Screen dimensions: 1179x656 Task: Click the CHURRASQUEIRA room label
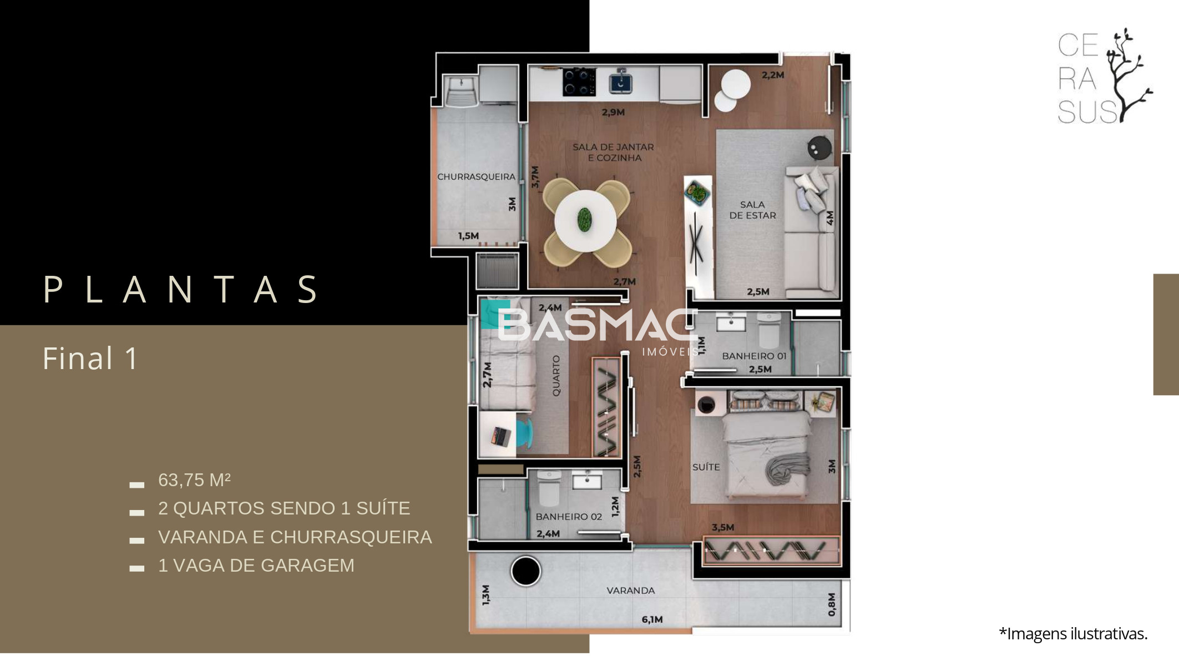pos(476,177)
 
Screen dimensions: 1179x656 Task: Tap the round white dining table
pos(585,220)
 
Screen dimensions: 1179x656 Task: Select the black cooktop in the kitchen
pos(579,82)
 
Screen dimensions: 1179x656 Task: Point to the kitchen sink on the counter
pos(620,82)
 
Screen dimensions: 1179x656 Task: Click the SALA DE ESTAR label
pos(752,210)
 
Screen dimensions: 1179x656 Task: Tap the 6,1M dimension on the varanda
pos(652,619)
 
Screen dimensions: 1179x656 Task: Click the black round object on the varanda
pos(525,571)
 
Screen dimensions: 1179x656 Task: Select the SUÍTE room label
pos(706,467)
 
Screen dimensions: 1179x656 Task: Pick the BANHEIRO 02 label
pos(569,517)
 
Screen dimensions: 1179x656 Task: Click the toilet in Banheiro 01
pos(769,330)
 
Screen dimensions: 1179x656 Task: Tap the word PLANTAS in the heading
pos(181,289)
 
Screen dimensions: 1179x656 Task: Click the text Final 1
pos(90,359)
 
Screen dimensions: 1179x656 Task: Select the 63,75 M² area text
pos(194,480)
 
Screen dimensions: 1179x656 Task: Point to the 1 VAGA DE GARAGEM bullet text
pos(256,566)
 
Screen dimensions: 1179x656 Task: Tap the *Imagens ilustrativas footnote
pos(1073,634)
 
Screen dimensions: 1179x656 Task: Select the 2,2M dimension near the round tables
pos(773,75)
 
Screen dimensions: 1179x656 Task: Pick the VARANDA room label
pos(630,591)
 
